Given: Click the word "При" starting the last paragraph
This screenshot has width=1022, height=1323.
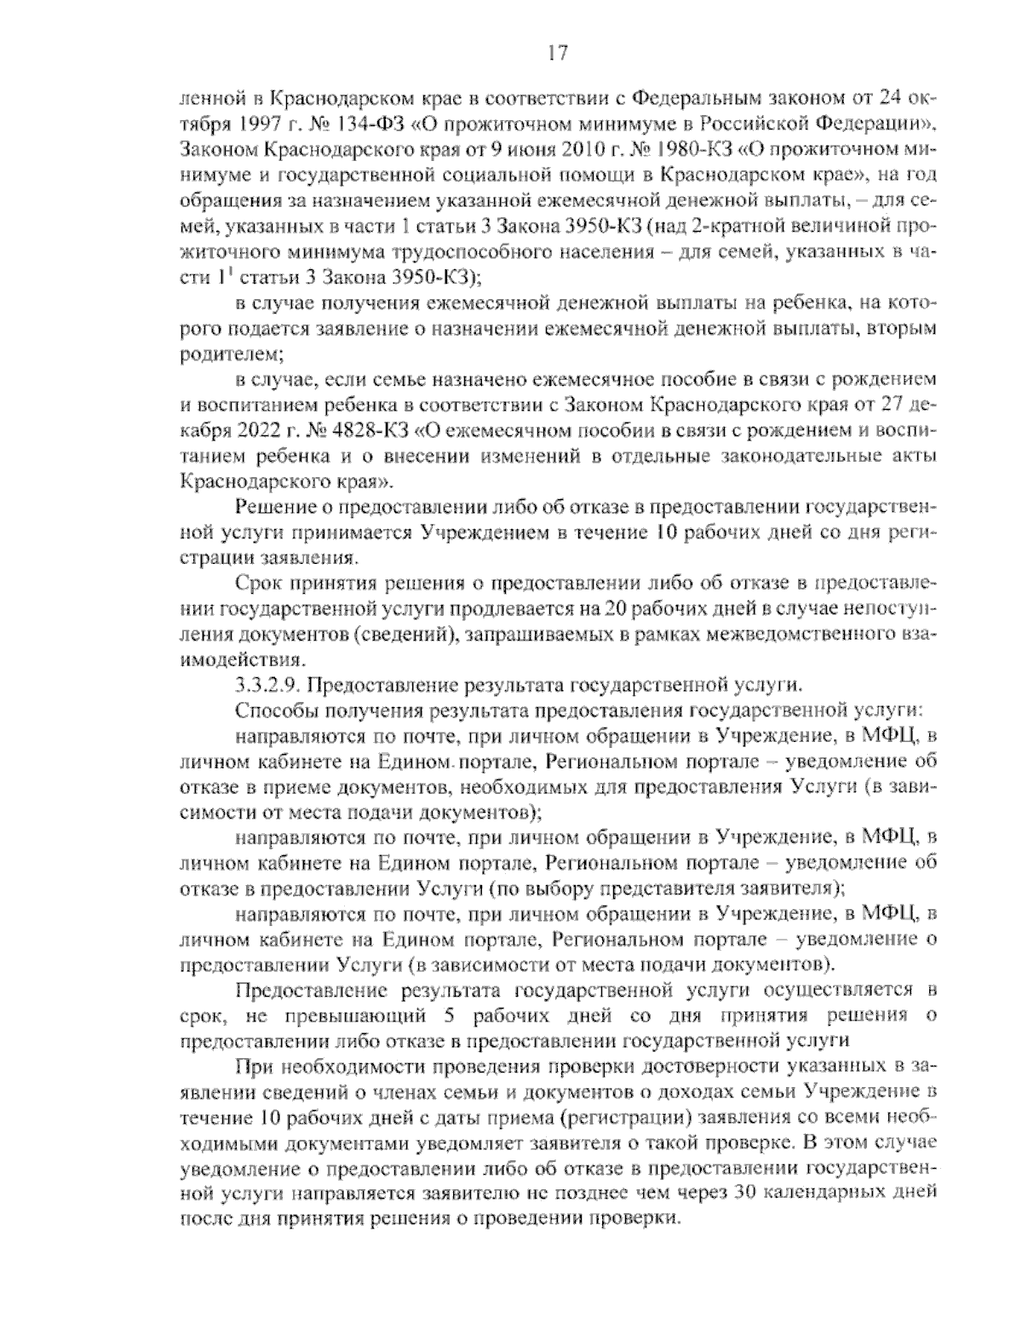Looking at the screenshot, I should [x=251, y=1066].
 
